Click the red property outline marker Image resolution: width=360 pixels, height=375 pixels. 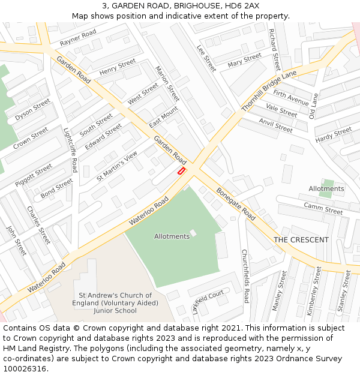181,171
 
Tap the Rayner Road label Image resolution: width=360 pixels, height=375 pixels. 78,38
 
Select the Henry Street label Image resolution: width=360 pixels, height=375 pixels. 118,67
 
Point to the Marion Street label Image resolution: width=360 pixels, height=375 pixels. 167,83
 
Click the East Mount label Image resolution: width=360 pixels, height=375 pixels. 164,116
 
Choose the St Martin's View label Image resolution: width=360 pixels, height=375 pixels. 117,166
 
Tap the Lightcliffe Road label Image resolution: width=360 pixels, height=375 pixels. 71,149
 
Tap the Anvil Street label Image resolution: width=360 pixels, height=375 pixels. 275,125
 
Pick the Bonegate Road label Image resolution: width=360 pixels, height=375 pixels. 236,204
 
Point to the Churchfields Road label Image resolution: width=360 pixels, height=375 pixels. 245,275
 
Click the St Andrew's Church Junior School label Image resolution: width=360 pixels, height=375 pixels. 116,302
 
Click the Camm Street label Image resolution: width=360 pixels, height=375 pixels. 323,208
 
